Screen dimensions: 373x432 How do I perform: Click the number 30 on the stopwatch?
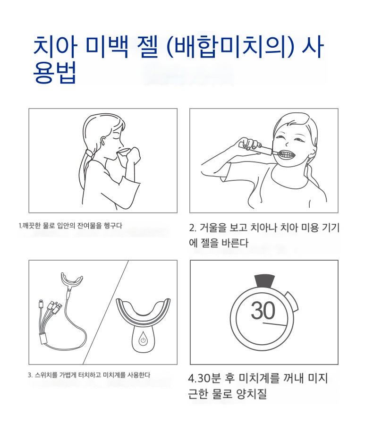(263, 311)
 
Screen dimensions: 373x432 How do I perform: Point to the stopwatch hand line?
(275, 324)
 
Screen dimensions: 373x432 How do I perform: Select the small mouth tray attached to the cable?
(72, 280)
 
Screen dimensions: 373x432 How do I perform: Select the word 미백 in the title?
(107, 47)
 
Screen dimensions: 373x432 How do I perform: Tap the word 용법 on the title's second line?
(54, 73)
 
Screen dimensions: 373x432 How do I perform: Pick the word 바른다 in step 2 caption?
(235, 243)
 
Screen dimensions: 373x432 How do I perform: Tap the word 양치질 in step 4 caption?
(252, 394)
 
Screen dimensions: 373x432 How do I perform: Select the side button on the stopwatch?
(293, 302)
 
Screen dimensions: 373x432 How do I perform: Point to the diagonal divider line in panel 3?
(106, 312)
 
